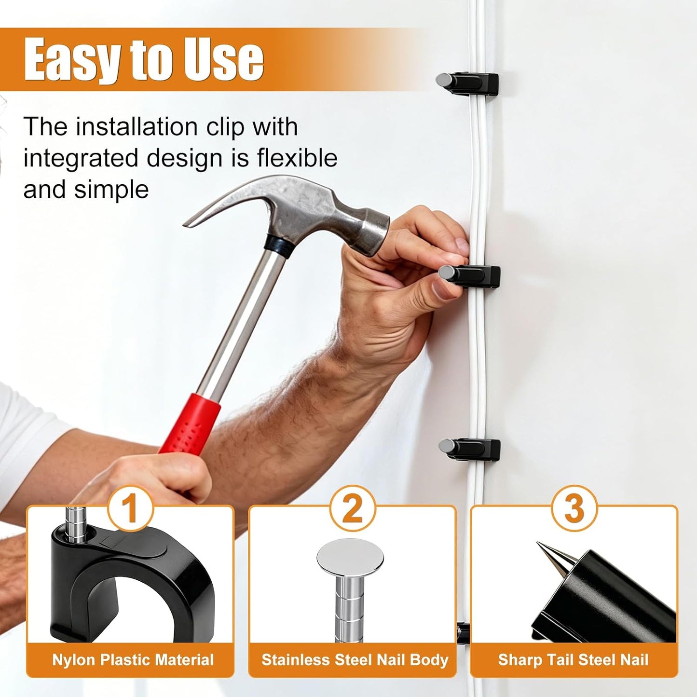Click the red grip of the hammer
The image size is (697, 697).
click(x=190, y=423)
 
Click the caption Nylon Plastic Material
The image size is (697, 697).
click(x=133, y=660)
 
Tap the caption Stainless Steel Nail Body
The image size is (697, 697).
click(x=355, y=660)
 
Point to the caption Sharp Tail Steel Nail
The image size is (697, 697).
click(x=574, y=660)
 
